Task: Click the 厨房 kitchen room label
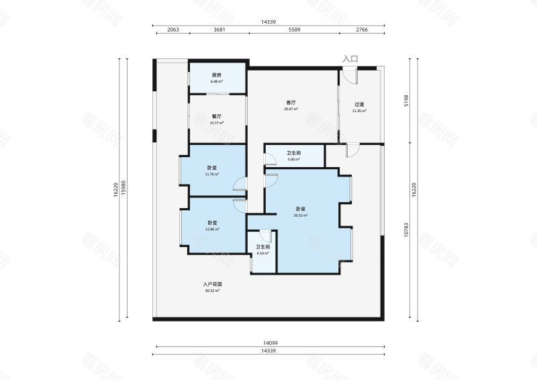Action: click(x=217, y=75)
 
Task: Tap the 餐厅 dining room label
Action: click(x=217, y=116)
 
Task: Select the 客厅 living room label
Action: click(x=291, y=103)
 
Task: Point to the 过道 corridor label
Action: click(x=360, y=105)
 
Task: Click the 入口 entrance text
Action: click(x=350, y=59)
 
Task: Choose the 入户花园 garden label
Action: click(x=212, y=285)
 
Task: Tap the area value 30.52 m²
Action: click(x=300, y=216)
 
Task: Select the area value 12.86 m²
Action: click(x=212, y=229)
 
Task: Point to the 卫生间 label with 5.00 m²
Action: click(x=293, y=153)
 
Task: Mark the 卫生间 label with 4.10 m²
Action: click(x=262, y=247)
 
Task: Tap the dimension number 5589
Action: click(x=294, y=30)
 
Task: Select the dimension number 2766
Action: click(x=362, y=30)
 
